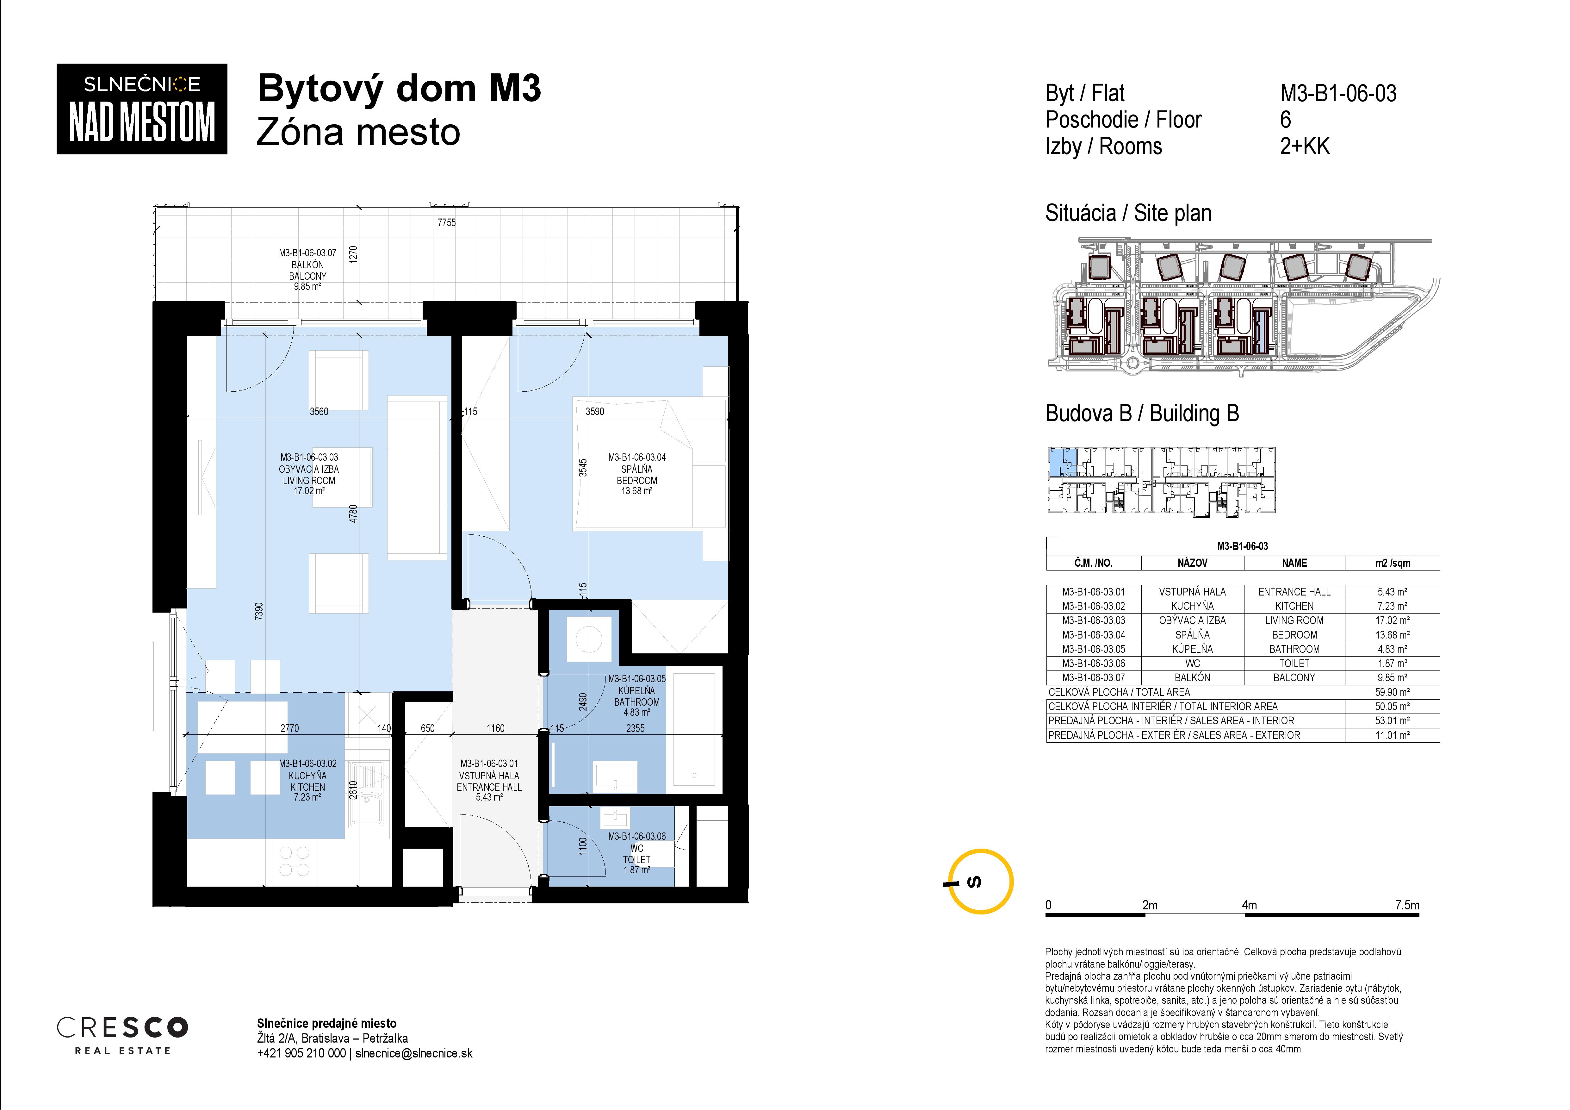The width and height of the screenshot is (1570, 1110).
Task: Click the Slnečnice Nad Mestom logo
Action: pos(141,109)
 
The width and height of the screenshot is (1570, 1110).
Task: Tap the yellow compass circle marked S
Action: pos(983,882)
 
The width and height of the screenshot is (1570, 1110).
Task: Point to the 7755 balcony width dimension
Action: pos(447,222)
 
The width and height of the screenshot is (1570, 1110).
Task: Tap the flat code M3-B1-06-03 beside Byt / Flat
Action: pos(1338,93)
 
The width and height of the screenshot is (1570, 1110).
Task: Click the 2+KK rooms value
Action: pos(1305,147)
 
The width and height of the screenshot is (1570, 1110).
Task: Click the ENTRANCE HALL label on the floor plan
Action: pos(489,787)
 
